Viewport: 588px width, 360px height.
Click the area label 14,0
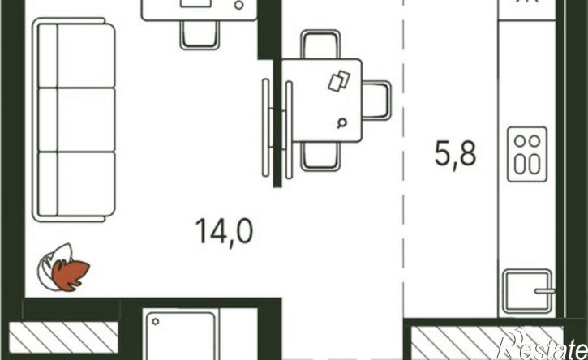[x=224, y=232]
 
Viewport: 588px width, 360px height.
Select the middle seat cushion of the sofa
[x=85, y=120]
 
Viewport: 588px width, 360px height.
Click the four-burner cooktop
[x=527, y=155]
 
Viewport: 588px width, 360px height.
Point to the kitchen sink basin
[x=527, y=291]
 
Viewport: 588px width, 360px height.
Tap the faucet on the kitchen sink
[x=544, y=291]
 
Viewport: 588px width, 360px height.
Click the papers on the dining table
[x=339, y=80]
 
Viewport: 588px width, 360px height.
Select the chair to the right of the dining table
[x=377, y=101]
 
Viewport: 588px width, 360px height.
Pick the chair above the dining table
[x=320, y=45]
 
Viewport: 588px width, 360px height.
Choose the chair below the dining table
[x=320, y=156]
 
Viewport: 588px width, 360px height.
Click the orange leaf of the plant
[x=71, y=275]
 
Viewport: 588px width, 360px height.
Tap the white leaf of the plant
[x=53, y=264]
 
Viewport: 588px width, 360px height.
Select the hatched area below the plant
[x=63, y=337]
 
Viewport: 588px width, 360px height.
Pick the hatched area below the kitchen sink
[x=487, y=341]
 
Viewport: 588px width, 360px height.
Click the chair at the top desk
[x=200, y=35]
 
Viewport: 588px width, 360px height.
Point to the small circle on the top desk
[x=239, y=5]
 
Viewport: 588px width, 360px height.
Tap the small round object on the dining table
[x=341, y=122]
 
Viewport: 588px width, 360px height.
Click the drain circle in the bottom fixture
[x=155, y=321]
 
